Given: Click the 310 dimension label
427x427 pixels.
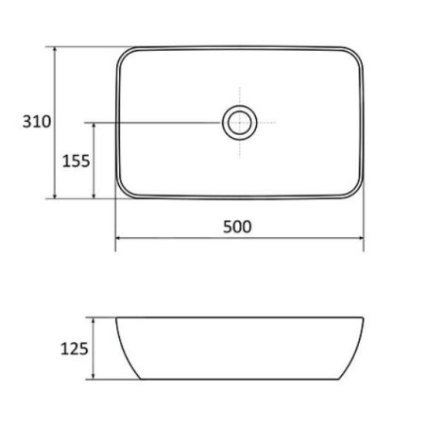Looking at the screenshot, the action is click(x=37, y=122).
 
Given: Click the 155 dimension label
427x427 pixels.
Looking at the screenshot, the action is click(x=76, y=161).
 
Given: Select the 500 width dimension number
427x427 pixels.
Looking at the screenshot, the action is click(x=237, y=227).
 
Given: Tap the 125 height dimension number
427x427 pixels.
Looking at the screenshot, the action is click(x=75, y=349).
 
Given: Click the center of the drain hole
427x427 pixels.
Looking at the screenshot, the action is click(x=240, y=123).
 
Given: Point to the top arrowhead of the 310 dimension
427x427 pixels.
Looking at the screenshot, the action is click(x=55, y=50).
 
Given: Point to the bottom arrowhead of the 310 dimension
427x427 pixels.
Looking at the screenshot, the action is click(x=55, y=196).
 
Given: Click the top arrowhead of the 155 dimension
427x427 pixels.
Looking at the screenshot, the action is click(x=94, y=126).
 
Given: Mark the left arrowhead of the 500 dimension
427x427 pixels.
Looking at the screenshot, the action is click(x=119, y=238).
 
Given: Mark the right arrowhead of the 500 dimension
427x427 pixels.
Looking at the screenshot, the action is click(x=360, y=238).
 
